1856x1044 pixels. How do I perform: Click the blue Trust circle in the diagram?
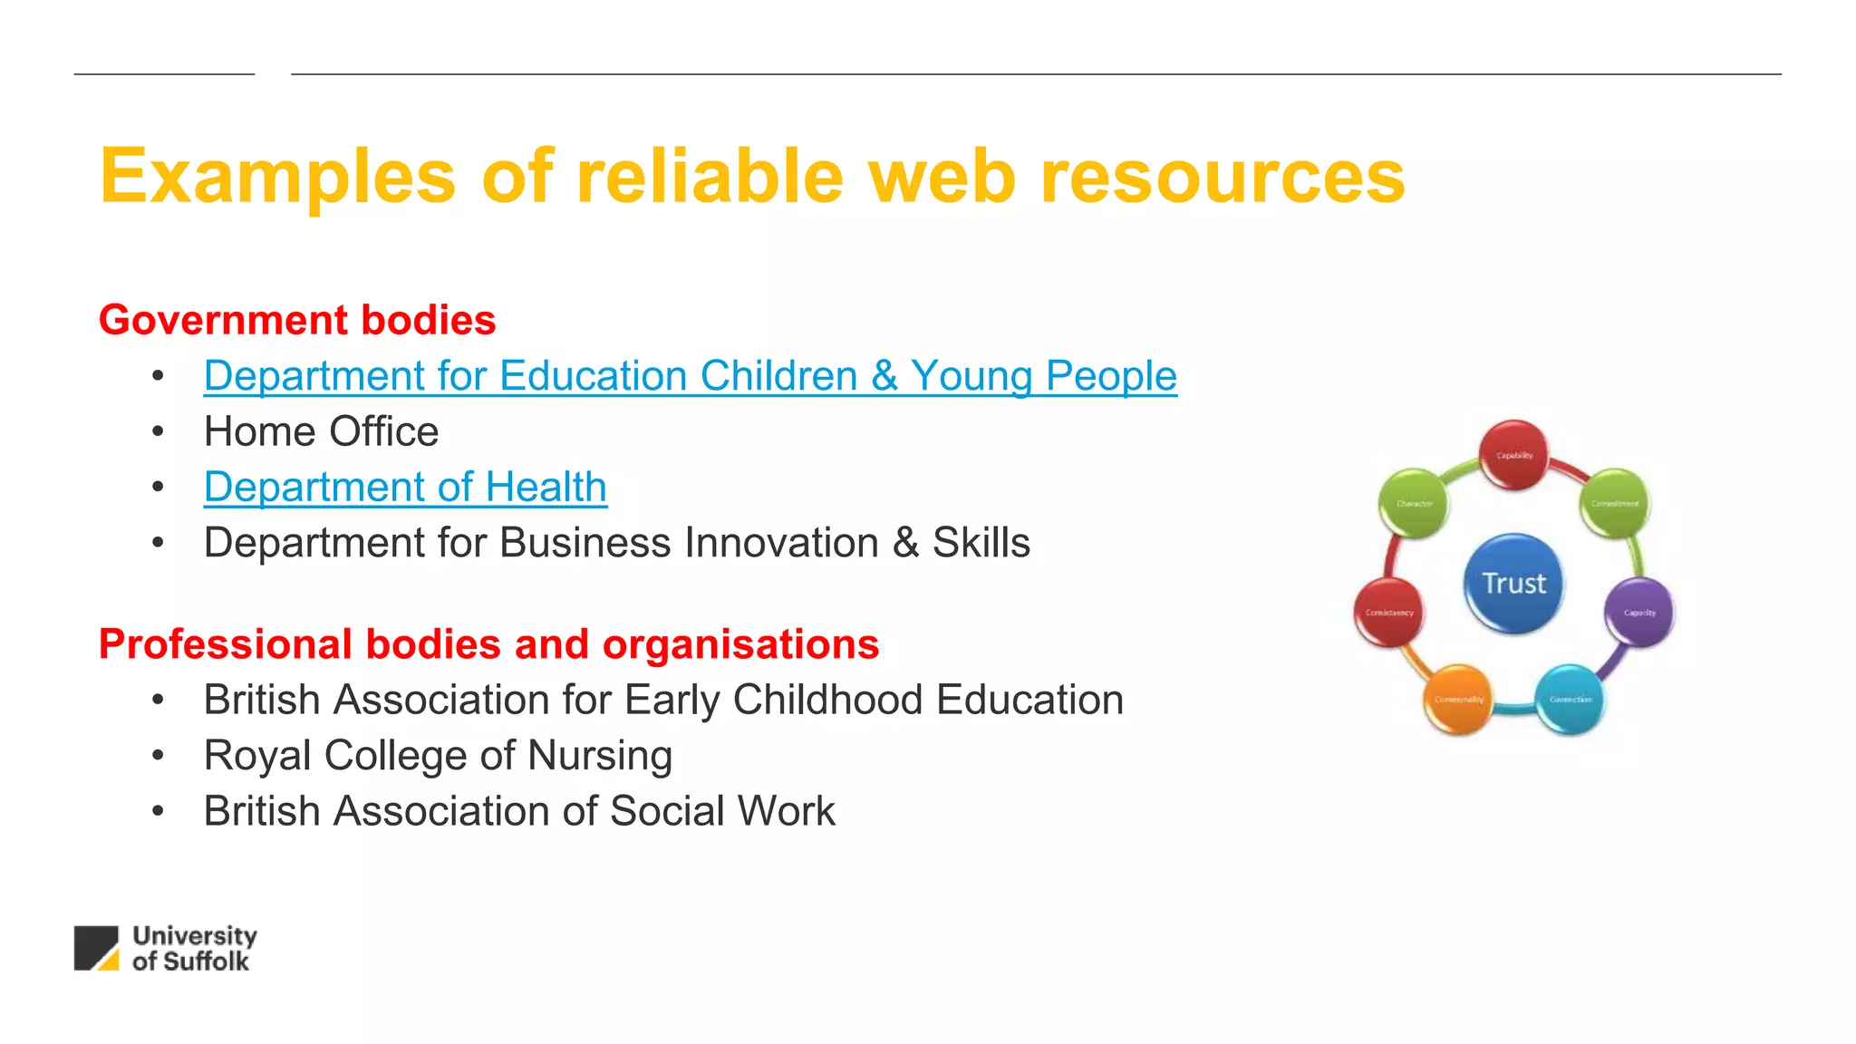pos(1513,583)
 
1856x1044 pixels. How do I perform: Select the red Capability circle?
pos(1513,454)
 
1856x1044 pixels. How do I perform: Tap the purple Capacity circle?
pos(1638,612)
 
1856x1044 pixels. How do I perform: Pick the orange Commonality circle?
pos(1458,699)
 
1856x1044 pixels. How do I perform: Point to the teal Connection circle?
pos(1570,699)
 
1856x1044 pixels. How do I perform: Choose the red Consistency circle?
pos(1388,612)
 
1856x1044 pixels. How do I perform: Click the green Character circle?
pos(1413,503)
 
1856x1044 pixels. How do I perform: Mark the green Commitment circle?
pos(1614,503)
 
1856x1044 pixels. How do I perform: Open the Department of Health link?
pos(405,487)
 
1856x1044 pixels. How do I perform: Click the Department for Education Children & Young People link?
pos(690,376)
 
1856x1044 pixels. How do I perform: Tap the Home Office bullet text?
pos(321,431)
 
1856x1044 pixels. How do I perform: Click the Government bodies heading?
pos(297,320)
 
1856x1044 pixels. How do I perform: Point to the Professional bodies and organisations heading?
pos(488,644)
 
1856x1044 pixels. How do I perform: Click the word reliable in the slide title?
pos(710,176)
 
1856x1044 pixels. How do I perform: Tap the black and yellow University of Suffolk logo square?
pos(96,948)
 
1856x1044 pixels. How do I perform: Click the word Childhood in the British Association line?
pos(828,700)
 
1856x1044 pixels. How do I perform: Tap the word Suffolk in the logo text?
pos(206,962)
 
